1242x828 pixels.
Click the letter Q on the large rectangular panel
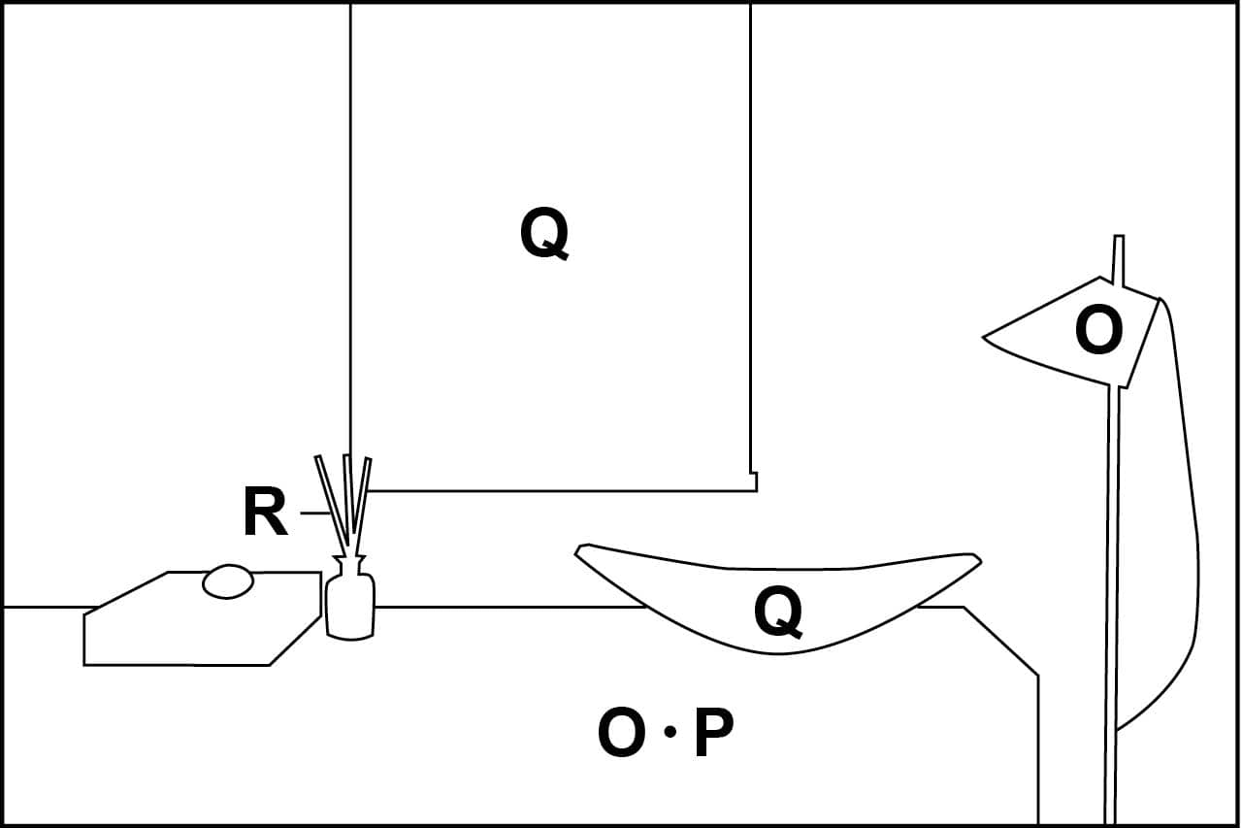(544, 235)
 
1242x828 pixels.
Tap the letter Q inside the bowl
(778, 613)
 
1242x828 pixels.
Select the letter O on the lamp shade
(1098, 332)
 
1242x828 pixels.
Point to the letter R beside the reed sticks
(264, 513)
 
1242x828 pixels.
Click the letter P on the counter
(713, 734)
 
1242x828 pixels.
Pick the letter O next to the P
(621, 734)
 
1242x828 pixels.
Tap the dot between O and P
(669, 733)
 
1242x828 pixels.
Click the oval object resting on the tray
(228, 581)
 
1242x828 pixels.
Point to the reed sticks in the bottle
(344, 500)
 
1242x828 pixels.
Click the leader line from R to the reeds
(314, 513)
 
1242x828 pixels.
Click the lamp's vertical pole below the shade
(1112, 602)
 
